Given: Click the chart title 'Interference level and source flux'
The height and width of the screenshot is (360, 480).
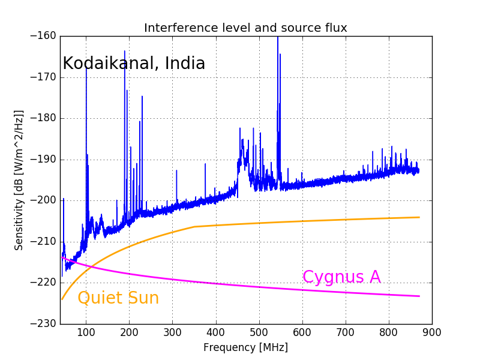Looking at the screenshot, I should (x=245, y=28).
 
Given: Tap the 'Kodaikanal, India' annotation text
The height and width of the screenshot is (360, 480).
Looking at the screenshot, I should (x=134, y=64).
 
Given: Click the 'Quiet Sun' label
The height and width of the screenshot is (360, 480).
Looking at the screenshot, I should (x=118, y=298).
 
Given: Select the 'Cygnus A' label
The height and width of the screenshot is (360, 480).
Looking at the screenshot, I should (x=341, y=277).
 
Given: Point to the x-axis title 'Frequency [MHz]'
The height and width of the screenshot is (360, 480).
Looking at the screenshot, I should (x=245, y=347).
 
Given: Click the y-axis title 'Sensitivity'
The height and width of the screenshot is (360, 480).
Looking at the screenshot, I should (x=19, y=180).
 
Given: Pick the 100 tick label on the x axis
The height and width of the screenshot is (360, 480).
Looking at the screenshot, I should (x=86, y=332).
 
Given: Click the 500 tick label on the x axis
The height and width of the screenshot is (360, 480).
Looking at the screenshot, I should (x=259, y=332).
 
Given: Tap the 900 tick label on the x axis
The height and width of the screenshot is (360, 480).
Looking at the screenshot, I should (x=432, y=332).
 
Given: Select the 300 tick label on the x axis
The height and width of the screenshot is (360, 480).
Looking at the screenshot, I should (x=173, y=332).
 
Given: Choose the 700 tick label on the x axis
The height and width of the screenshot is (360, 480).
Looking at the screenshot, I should (x=346, y=332).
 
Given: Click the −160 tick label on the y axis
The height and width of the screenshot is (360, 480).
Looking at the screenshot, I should (x=43, y=36).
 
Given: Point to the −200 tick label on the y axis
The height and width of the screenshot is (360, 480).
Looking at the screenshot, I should (x=43, y=200).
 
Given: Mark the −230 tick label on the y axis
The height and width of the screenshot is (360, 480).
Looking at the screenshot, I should (x=43, y=323).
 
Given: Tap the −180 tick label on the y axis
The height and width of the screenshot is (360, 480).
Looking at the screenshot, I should (x=43, y=118).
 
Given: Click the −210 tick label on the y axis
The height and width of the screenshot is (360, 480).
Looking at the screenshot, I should (x=43, y=241).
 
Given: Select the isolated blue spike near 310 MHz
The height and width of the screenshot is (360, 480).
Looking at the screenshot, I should (x=176, y=172).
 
